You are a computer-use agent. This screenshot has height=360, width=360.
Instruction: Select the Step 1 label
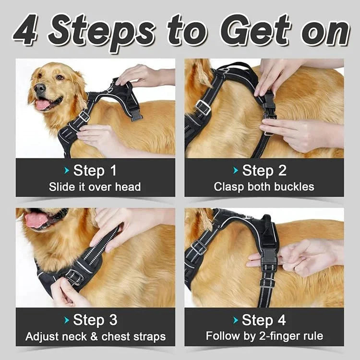tap(95, 170)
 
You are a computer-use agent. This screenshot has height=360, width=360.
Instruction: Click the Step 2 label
tap(264, 170)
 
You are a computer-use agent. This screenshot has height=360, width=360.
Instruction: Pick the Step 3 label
tap(95, 320)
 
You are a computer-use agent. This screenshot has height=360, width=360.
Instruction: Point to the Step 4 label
tap(264, 320)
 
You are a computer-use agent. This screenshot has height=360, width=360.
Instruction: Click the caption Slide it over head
tap(95, 187)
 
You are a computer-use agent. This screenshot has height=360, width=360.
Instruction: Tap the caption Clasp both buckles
tap(264, 187)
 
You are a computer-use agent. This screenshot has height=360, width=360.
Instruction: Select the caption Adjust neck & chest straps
tap(95, 336)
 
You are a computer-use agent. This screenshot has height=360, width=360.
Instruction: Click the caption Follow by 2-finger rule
tap(264, 336)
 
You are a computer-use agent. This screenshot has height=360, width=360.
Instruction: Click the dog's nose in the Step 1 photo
tap(39, 88)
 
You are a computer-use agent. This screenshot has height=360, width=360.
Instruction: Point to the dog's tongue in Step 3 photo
tap(36, 220)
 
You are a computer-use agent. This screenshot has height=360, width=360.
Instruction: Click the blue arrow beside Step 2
tap(236, 170)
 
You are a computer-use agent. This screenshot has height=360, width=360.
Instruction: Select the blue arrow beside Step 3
tap(67, 320)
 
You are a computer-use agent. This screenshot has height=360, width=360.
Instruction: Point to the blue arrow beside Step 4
tap(236, 320)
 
